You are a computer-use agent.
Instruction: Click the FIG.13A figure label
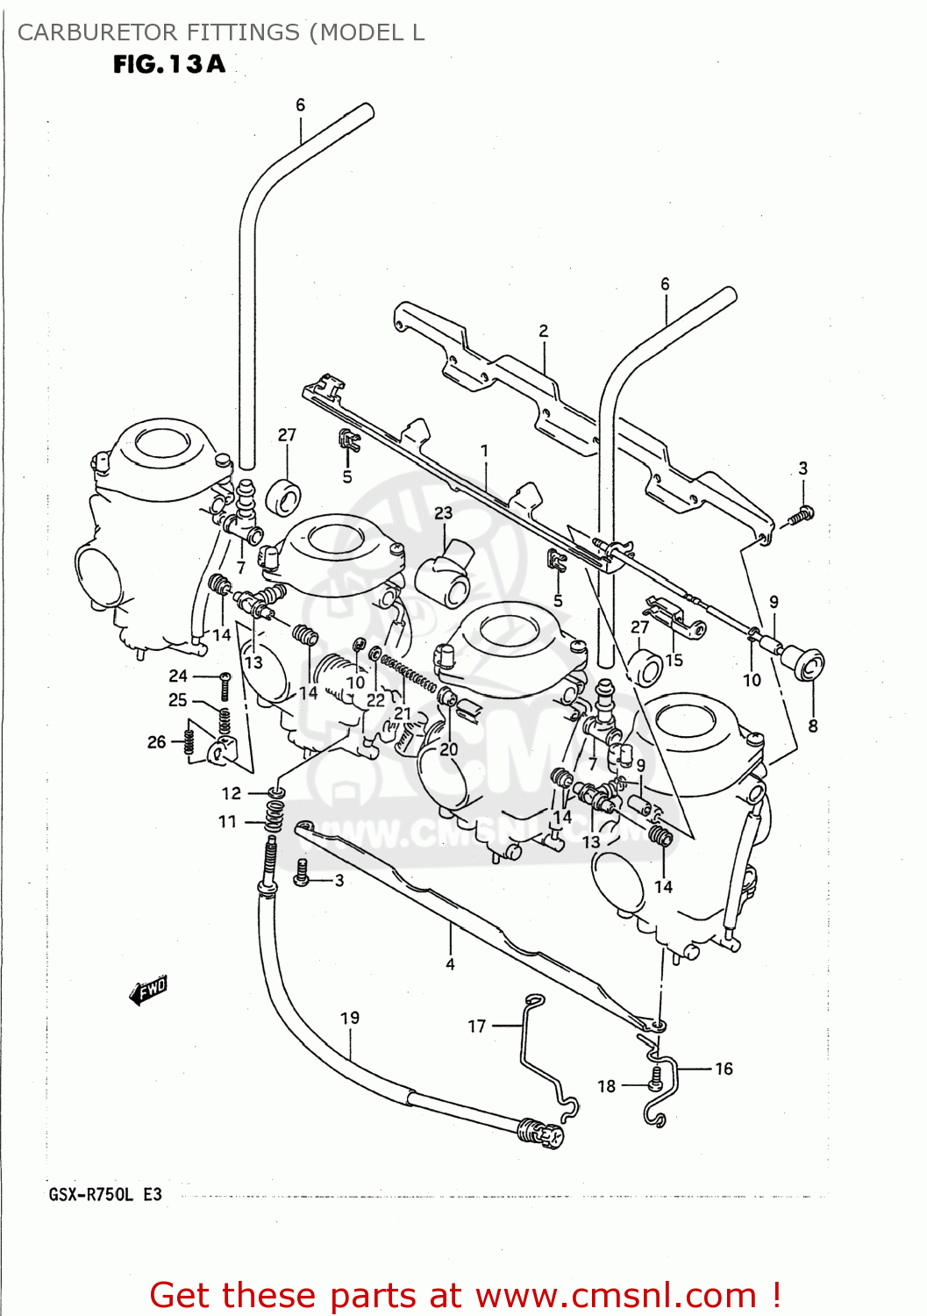click(x=169, y=64)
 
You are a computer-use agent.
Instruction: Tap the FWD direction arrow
click(x=148, y=991)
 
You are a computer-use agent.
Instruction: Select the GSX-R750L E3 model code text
click(x=105, y=1194)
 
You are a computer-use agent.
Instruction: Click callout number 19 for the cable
click(x=350, y=1018)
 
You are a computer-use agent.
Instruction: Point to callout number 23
click(x=444, y=513)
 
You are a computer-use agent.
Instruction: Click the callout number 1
click(x=484, y=451)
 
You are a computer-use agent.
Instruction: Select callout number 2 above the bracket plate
click(x=544, y=331)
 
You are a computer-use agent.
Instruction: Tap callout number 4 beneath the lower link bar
click(x=450, y=964)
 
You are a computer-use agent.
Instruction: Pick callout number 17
click(x=477, y=1026)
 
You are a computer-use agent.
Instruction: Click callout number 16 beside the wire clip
click(x=724, y=1069)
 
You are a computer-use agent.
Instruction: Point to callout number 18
click(x=607, y=1086)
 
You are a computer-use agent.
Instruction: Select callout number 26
click(x=157, y=742)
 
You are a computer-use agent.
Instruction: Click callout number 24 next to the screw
click(x=178, y=676)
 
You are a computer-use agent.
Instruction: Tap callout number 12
click(x=231, y=793)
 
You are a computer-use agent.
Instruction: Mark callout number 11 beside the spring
click(x=228, y=821)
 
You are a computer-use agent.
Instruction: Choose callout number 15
click(x=674, y=660)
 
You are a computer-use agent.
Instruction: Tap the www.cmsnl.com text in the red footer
click(x=616, y=1295)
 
